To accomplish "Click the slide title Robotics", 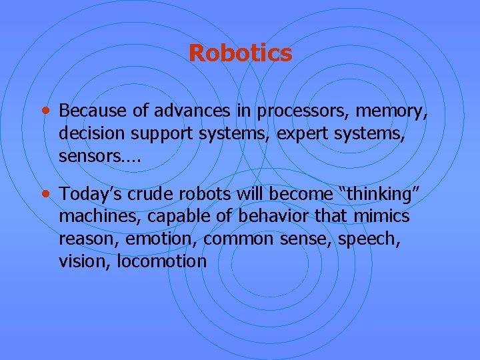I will pyautogui.click(x=240, y=53).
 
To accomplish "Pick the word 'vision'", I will pyautogui.click(x=85, y=261).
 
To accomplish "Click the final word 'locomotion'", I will pyautogui.click(x=162, y=261).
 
